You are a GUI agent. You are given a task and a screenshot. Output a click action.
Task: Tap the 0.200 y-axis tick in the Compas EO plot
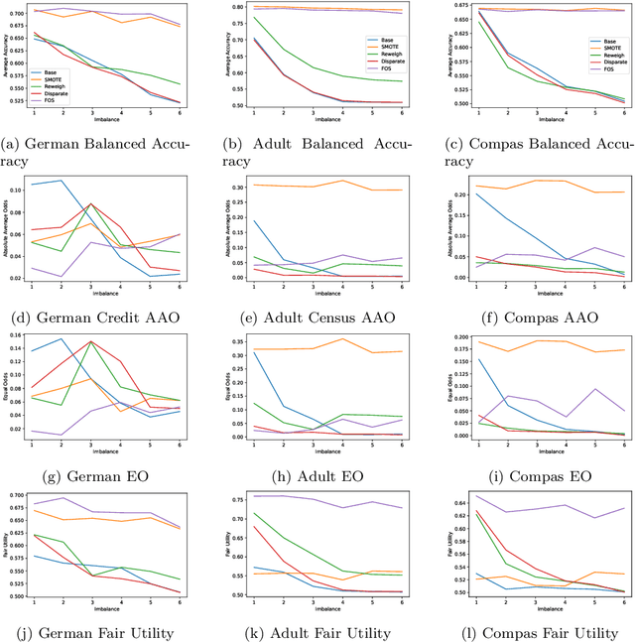pyautogui.click(x=445, y=337)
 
